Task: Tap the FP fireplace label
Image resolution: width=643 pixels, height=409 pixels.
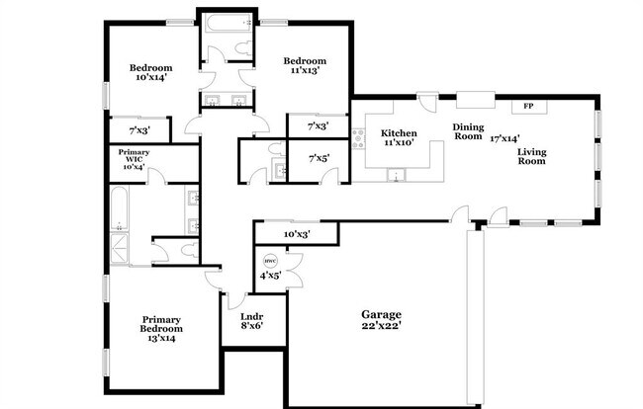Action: coord(528,106)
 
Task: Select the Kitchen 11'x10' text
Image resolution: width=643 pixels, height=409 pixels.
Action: coord(398,138)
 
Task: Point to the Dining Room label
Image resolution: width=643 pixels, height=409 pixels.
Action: coord(467,131)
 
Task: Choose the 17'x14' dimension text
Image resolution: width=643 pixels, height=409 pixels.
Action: coord(505,139)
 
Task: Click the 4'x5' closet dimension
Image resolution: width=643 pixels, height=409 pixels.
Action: coord(269,276)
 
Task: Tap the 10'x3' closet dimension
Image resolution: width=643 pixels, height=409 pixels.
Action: coord(296,235)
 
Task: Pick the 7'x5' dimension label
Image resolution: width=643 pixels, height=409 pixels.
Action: coord(319,159)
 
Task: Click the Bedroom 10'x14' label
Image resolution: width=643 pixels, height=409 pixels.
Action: coord(151,73)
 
